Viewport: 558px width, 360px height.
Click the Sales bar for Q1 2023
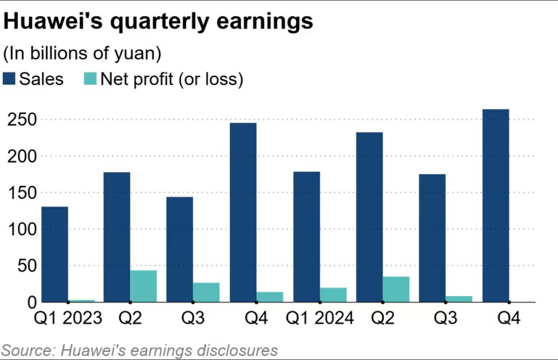54,254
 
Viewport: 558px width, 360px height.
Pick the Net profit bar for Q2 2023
144,286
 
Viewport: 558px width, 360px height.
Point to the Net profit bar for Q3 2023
206,292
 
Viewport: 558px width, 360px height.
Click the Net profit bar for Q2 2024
396,289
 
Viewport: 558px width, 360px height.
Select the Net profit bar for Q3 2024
459,298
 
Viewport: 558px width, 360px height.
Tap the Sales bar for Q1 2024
306,237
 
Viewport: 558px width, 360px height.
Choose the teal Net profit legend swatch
92,79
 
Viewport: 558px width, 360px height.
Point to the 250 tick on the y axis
19,120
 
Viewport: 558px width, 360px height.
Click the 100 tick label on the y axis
19,229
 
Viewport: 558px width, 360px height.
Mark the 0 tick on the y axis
28,302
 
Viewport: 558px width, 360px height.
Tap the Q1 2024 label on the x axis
319,318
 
